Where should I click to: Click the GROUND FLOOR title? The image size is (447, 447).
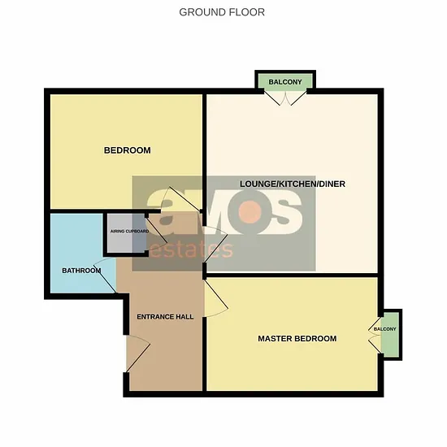pyautogui.click(x=222, y=12)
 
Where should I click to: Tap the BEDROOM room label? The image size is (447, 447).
pyautogui.click(x=127, y=150)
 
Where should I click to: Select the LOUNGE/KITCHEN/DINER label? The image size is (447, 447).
pyautogui.click(x=293, y=184)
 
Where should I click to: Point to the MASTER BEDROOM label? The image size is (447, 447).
pyautogui.click(x=297, y=338)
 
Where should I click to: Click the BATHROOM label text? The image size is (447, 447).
pyautogui.click(x=81, y=271)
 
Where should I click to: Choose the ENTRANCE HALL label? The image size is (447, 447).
pyautogui.click(x=165, y=316)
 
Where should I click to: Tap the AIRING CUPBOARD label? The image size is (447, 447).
pyautogui.click(x=130, y=231)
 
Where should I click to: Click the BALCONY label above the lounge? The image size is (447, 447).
pyautogui.click(x=285, y=82)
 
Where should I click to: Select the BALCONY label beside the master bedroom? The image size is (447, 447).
pyautogui.click(x=385, y=329)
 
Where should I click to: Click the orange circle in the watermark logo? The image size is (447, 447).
pyautogui.click(x=250, y=212)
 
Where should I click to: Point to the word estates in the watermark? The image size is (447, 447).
pyautogui.click(x=191, y=250)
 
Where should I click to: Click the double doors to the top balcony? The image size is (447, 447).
pyautogui.click(x=285, y=98)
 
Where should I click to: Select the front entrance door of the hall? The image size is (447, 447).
pyautogui.click(x=138, y=354)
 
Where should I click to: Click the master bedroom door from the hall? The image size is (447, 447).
pyautogui.click(x=216, y=298)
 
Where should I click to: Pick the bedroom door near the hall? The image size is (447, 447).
pyautogui.click(x=181, y=199)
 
